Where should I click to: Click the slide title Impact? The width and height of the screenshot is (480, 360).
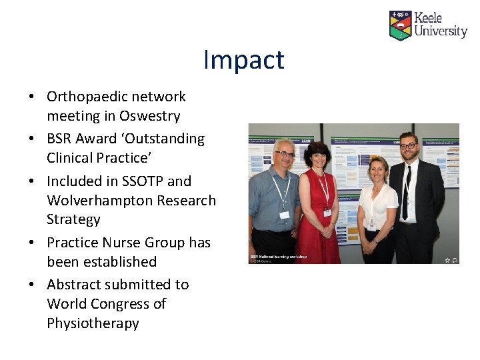coord(243,60)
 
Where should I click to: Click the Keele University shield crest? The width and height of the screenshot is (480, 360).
coord(400,25)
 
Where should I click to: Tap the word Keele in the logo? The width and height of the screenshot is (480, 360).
coord(428,18)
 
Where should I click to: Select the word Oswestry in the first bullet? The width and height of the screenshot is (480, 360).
coord(150,116)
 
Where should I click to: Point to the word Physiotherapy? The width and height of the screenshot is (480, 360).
coord(93,323)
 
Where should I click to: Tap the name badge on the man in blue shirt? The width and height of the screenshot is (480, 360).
coord(285,215)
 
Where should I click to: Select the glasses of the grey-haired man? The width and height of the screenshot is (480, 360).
coord(285,154)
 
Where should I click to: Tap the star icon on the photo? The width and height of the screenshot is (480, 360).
coord(447,259)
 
